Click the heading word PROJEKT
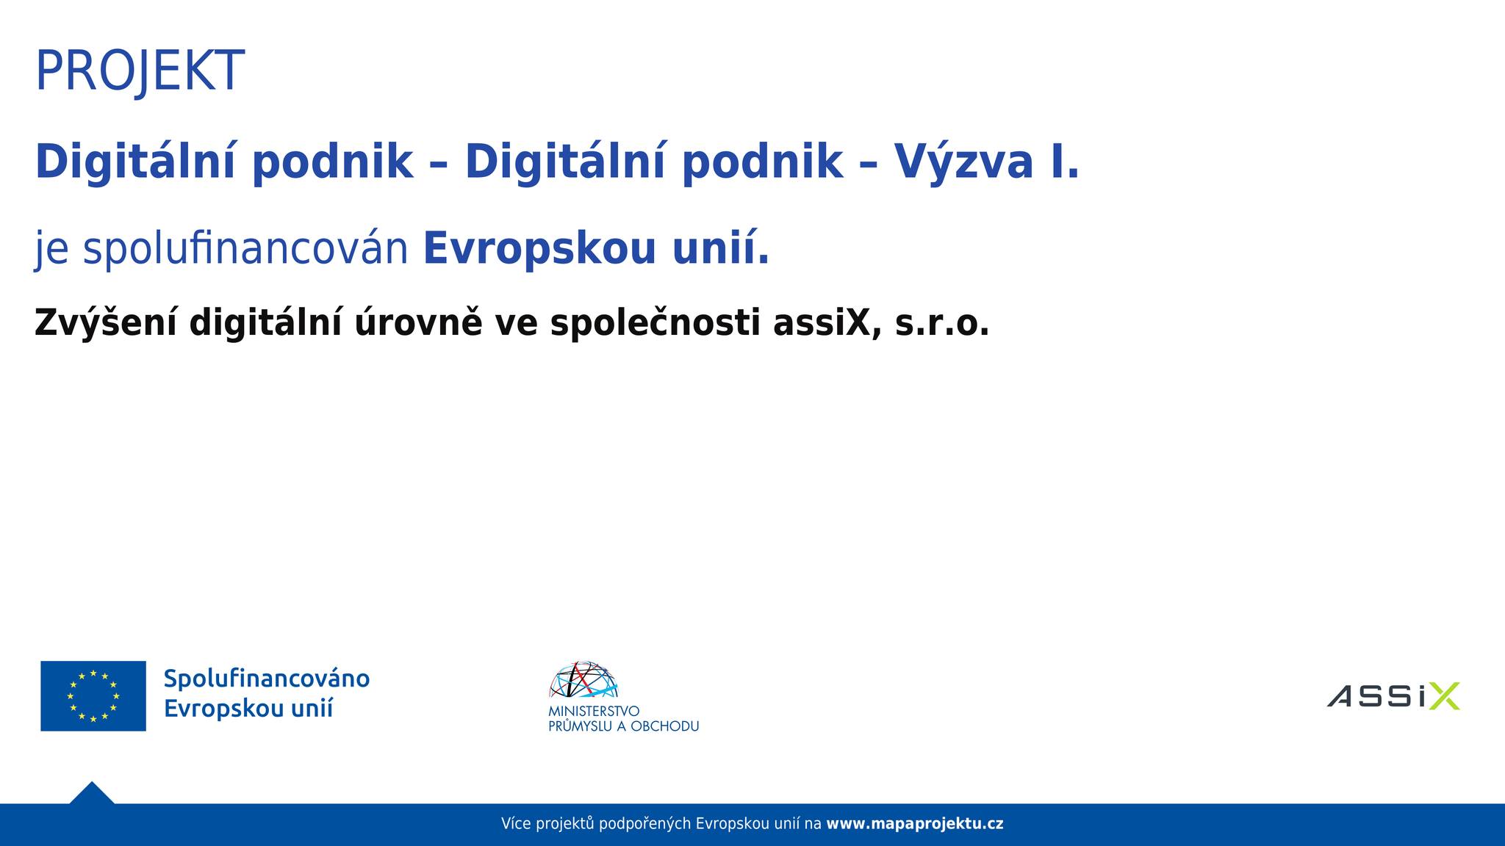[x=140, y=71]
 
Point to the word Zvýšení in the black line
[x=106, y=323]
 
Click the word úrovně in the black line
[x=419, y=323]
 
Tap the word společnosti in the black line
[x=655, y=324]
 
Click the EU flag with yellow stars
[x=93, y=696]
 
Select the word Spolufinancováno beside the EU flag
[x=267, y=679]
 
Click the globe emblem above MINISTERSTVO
[x=583, y=680]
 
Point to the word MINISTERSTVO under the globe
[x=594, y=712]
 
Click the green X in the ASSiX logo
[x=1444, y=696]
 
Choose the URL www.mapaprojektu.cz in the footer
[x=915, y=824]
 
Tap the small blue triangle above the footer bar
[x=92, y=793]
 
